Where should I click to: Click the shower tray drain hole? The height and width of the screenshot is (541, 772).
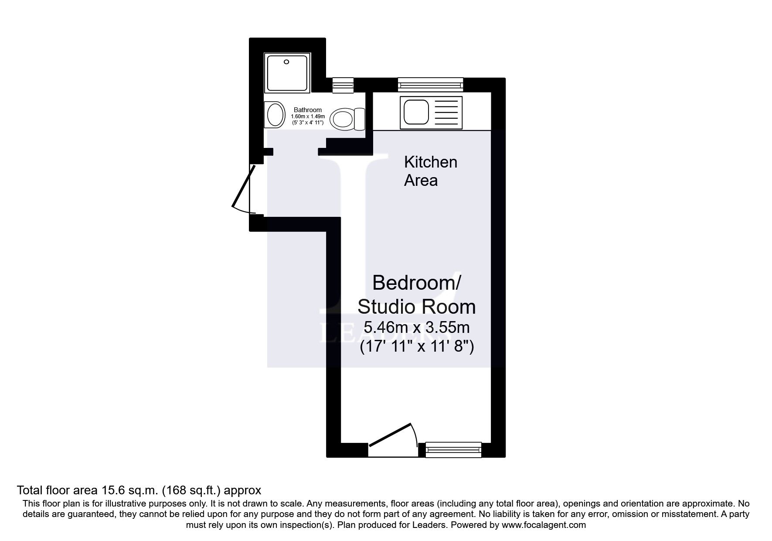point(286,62)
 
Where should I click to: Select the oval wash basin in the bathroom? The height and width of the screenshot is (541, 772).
point(275,115)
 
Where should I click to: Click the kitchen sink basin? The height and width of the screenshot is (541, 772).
point(416,112)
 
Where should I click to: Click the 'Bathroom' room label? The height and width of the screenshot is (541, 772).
point(308,110)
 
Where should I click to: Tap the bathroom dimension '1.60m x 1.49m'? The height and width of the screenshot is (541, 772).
point(308,116)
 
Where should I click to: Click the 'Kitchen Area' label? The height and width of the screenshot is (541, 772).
point(430,171)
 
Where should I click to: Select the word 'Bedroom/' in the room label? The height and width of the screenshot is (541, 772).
point(416,283)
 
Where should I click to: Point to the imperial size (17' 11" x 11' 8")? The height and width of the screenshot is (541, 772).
point(417,347)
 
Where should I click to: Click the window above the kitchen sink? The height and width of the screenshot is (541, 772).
point(430,85)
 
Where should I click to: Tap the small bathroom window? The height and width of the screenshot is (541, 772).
point(343,85)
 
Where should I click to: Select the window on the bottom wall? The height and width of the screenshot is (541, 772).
point(453,449)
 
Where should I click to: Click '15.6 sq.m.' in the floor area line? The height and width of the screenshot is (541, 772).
point(129,490)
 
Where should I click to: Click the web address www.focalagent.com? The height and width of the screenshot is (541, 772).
point(544,525)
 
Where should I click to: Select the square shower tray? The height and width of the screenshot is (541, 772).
point(287,72)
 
